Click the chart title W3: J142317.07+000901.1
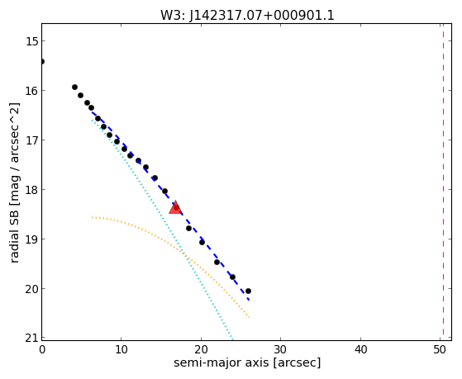pyautogui.click(x=247, y=15)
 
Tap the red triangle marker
pyautogui.click(x=175, y=207)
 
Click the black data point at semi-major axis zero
pyautogui.click(x=42, y=62)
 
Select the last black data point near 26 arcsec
pyautogui.click(x=248, y=291)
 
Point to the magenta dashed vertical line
pyautogui.click(x=443, y=182)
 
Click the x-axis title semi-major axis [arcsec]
pyautogui.click(x=247, y=362)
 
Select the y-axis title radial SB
pyautogui.click(x=14, y=182)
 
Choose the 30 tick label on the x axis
pyautogui.click(x=280, y=349)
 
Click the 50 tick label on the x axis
pyautogui.click(x=440, y=349)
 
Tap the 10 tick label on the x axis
pyautogui.click(x=121, y=349)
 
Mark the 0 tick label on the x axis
pyautogui.click(x=42, y=349)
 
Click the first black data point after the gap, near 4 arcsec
pyautogui.click(x=74, y=88)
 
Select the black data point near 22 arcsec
pyautogui.click(x=217, y=262)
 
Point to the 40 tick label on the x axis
pyautogui.click(x=360, y=349)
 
